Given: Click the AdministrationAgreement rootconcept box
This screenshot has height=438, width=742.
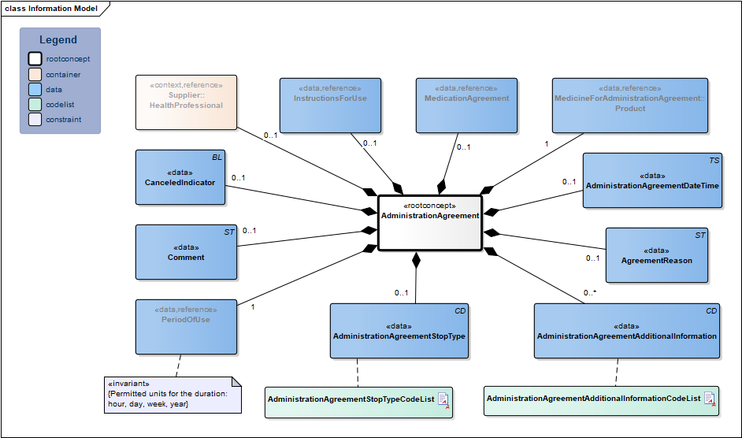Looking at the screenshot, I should [x=429, y=222].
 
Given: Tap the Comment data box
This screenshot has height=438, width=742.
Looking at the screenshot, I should [x=186, y=252].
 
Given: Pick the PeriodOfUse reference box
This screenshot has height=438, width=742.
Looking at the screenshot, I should [x=186, y=326].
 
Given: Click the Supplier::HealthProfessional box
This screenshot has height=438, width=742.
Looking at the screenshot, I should [x=186, y=102].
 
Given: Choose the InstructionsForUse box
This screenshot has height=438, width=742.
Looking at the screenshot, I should [x=330, y=105].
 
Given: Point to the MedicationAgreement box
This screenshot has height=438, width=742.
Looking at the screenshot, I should [x=466, y=105].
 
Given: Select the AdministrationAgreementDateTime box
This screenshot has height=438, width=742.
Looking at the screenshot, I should [x=652, y=180].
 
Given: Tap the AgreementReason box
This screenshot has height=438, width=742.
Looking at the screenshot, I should [x=656, y=255].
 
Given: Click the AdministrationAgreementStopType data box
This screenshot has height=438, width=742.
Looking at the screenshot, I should [x=399, y=331].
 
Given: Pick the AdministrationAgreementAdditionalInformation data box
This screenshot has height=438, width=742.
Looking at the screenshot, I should [x=627, y=331].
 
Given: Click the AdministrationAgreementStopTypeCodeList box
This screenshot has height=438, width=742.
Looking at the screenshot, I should [x=358, y=400].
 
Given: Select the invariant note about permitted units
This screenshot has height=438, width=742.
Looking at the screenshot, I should [x=173, y=394].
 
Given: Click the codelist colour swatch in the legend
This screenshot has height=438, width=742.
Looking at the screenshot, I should [x=35, y=105].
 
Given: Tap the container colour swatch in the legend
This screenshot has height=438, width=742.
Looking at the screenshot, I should [x=35, y=74].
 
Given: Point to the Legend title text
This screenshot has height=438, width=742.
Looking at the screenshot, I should [x=58, y=40].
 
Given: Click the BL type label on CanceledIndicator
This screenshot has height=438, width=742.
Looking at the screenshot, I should [x=217, y=158].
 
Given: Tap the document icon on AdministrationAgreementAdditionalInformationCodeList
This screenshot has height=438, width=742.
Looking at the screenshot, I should [x=709, y=399].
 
